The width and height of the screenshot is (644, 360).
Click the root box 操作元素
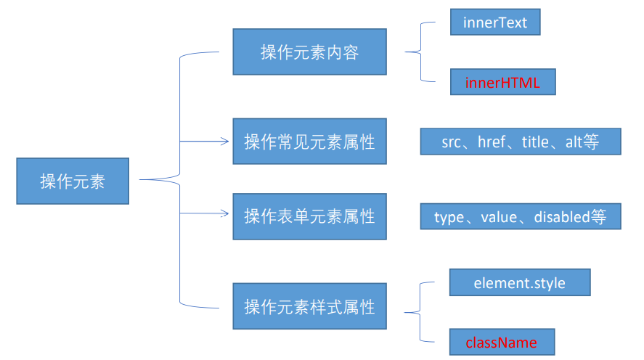(x=73, y=181)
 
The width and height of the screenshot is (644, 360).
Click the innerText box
(x=495, y=22)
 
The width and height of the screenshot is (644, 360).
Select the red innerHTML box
(x=502, y=82)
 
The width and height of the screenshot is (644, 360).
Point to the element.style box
(x=519, y=282)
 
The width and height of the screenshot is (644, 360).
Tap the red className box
(x=502, y=343)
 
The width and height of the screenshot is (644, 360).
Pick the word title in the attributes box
(x=536, y=142)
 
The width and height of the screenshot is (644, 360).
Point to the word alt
(x=574, y=142)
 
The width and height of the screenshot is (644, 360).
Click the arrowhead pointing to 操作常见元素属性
(x=225, y=142)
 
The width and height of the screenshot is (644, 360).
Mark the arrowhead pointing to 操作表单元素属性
(x=225, y=213)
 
